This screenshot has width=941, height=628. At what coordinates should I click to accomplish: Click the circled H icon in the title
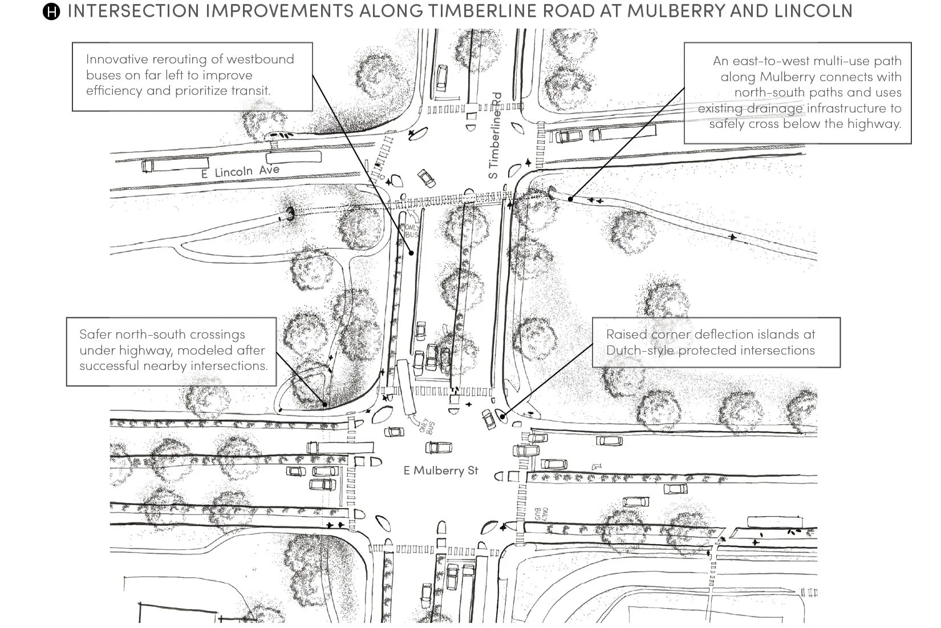point(51,11)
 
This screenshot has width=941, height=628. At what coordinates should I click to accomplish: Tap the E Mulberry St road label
point(441,470)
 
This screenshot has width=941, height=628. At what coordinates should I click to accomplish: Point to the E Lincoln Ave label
point(240,171)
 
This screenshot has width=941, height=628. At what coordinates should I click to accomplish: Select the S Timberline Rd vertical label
point(496,135)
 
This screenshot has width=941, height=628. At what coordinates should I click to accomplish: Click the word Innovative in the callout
point(117,59)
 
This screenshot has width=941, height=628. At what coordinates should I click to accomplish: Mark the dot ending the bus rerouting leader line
point(411,252)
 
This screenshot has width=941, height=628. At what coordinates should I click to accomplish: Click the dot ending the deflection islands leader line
point(502,417)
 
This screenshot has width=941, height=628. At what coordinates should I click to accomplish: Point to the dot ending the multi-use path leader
point(571,199)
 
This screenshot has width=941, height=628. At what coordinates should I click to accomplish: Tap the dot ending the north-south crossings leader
point(325,404)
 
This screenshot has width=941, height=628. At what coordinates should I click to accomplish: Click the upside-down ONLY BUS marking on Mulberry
point(541,513)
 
